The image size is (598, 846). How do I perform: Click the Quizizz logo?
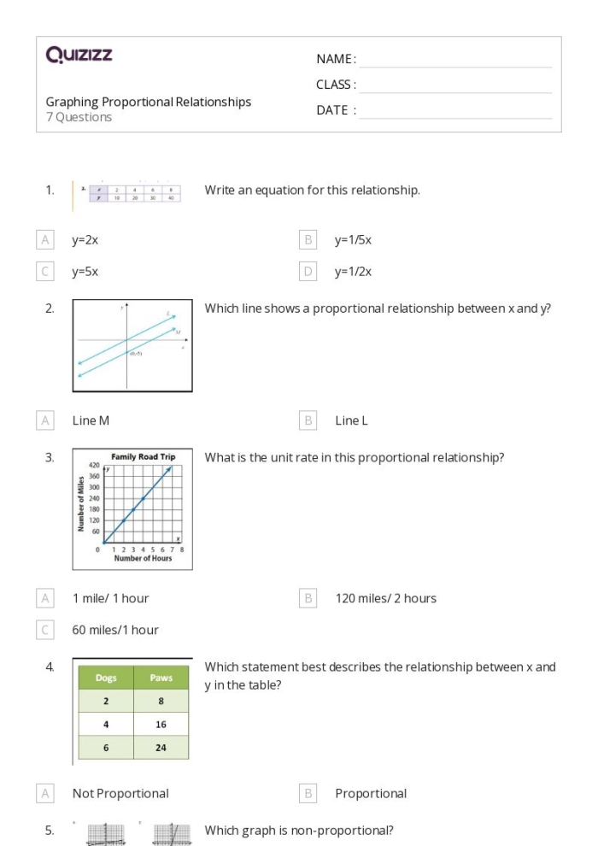coord(79,56)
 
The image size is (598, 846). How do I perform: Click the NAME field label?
coord(336,59)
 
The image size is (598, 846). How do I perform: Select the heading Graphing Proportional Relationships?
coord(149,102)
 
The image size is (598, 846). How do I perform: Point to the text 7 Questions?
coord(79,118)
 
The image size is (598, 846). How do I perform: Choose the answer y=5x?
coord(85,272)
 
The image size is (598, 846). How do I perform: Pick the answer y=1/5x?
coord(353,240)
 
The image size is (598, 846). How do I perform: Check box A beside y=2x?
coord(45,240)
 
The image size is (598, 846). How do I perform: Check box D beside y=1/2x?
coord(308,272)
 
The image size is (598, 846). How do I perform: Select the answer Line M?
coord(91,420)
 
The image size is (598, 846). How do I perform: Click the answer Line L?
coord(351,420)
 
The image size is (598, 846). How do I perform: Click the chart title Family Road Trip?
coord(143,457)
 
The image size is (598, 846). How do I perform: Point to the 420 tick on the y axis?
coord(94,467)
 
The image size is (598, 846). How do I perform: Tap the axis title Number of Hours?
coord(143,559)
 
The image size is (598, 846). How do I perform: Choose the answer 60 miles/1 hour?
coord(115,630)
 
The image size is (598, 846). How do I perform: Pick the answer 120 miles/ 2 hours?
coord(385,598)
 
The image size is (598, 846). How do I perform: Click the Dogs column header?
coord(106,678)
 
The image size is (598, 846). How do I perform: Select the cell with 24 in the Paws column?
coord(161,747)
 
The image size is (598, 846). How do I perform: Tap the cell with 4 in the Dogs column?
coord(106,724)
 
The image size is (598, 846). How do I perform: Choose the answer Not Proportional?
coord(120,793)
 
